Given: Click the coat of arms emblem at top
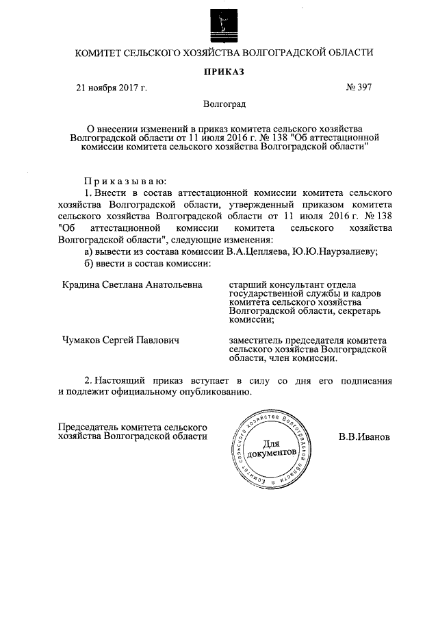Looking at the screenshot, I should click(x=219, y=27).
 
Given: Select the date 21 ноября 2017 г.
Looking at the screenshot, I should click(x=111, y=88).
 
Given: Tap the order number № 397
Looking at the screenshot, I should click(x=360, y=88).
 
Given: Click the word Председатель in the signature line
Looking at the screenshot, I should click(x=87, y=426).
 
